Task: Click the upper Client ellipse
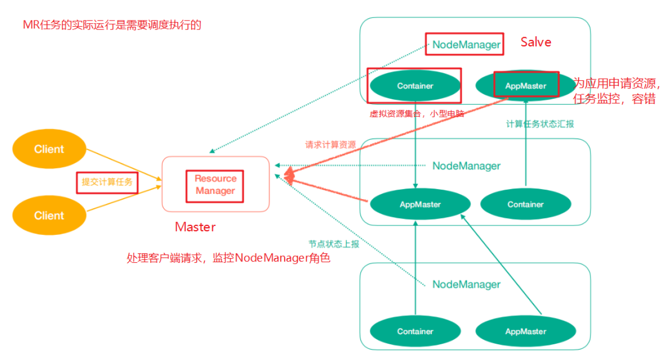[49, 149]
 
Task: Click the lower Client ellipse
[49, 215]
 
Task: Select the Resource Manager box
[215, 185]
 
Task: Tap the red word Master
[195, 227]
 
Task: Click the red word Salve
[536, 42]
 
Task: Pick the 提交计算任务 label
[107, 182]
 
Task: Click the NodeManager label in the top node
[466, 45]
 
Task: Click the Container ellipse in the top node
[415, 86]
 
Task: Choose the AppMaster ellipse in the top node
[525, 86]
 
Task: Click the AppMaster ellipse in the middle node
[420, 204]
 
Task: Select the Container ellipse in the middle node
[525, 204]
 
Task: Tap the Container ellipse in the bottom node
[415, 332]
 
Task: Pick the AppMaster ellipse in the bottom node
[525, 332]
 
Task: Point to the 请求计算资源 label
[330, 145]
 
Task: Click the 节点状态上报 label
[334, 244]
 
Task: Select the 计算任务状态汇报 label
[540, 124]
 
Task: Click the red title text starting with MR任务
[112, 25]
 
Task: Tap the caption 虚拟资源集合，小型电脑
[417, 114]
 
